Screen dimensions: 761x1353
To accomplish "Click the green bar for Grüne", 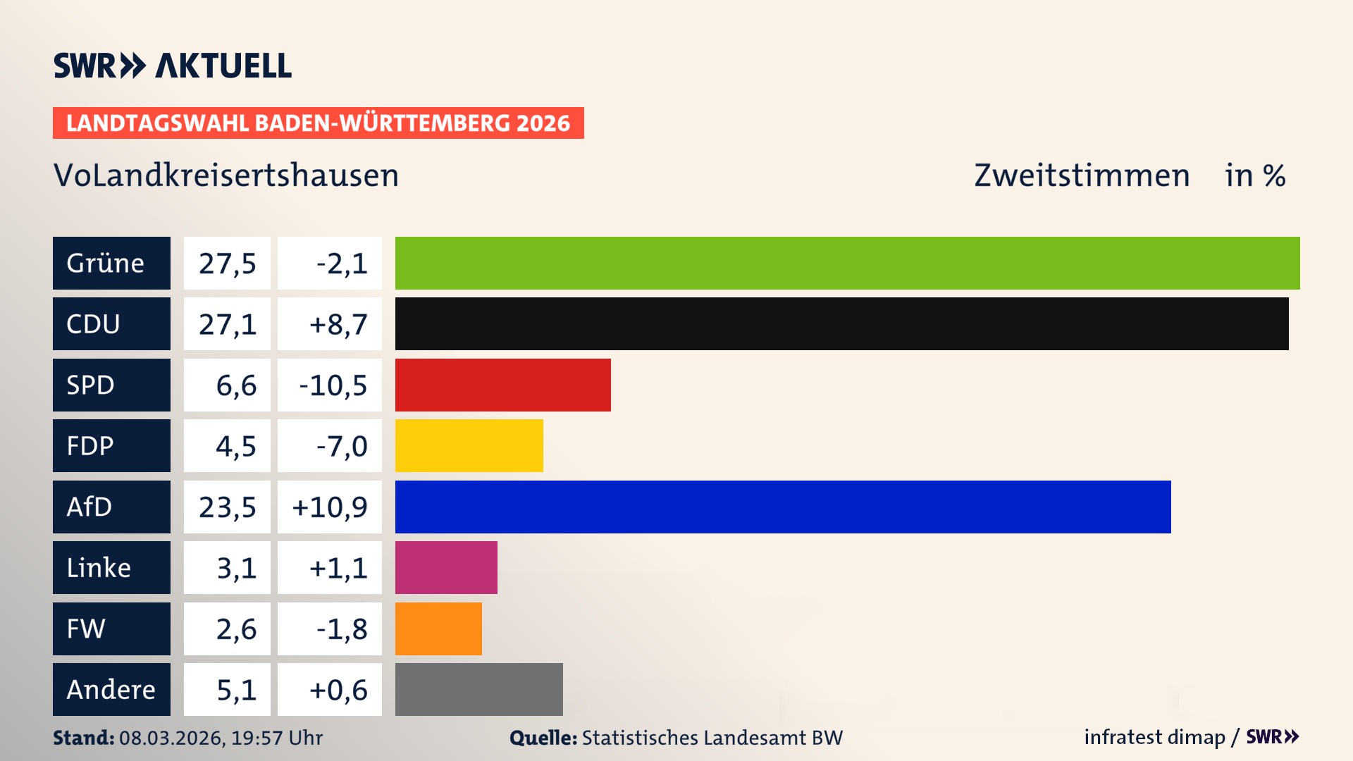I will tap(847, 263).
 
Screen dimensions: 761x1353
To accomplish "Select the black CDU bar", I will tap(841, 324).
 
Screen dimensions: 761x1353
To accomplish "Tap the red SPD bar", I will tap(502, 385).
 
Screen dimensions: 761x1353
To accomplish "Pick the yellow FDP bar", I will tap(469, 445).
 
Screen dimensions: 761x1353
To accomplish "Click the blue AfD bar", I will tap(782, 507).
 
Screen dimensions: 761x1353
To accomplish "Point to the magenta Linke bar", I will tap(446, 567).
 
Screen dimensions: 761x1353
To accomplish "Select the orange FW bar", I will tap(438, 629).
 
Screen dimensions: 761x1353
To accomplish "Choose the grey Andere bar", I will tap(478, 689).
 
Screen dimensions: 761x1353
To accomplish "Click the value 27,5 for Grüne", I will tap(227, 263).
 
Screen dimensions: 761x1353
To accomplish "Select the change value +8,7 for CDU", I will tap(338, 324).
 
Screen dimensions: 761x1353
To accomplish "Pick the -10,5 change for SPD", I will tap(333, 385).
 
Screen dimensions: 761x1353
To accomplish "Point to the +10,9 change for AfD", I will tap(330, 507).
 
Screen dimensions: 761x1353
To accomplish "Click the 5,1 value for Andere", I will tap(236, 689).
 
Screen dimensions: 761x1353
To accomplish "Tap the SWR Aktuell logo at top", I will tap(172, 66).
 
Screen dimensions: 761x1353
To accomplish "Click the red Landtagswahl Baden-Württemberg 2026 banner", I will tap(318, 123).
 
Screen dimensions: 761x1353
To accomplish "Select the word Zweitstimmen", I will tap(1082, 175).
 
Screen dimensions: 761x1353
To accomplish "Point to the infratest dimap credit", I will tap(1154, 737).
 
